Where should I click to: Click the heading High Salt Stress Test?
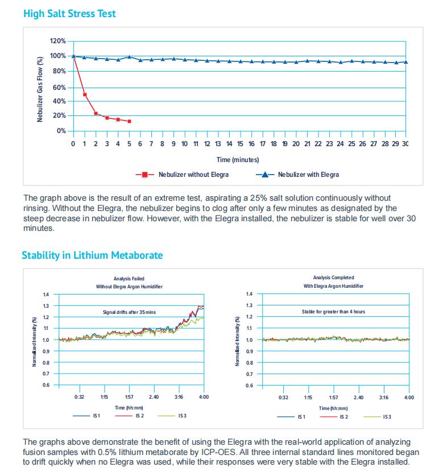coord(69,13)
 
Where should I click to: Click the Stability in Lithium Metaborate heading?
coord(92,255)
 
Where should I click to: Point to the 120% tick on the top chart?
coord(59,41)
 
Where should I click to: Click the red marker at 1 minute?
coord(85,94)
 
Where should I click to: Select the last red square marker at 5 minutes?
coord(129,121)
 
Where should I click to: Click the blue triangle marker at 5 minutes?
coord(129,57)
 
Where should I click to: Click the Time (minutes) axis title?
coord(238,160)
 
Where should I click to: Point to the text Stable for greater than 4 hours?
coord(333,312)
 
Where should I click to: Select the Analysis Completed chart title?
coord(333,278)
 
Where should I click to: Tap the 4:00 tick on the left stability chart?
coord(204,396)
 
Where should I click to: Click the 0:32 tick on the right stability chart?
coord(283,397)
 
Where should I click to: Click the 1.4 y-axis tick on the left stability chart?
coord(46,294)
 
